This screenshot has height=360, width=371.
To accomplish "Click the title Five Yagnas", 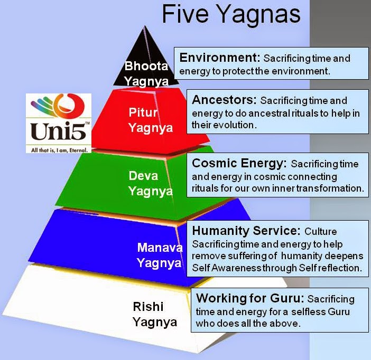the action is [231, 15].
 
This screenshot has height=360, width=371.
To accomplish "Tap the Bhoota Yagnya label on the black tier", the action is [146, 74].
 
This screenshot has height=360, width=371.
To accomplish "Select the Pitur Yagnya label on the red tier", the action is [151, 120].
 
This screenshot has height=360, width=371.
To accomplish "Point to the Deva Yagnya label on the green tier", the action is [151, 184].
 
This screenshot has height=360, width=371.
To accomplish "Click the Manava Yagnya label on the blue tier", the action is [160, 255].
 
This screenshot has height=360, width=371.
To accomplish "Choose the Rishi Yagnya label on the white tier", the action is [155, 315].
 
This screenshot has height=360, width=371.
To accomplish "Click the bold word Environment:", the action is [220, 58].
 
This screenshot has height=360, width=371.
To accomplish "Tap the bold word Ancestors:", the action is [224, 100].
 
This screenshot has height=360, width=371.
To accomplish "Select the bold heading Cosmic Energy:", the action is [239, 164].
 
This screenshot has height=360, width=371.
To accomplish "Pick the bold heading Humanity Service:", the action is [246, 231].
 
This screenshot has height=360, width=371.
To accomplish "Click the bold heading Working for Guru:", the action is [250, 298].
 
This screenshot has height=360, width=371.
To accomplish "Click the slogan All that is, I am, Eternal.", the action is [59, 150].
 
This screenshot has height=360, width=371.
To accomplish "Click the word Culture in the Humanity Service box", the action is [321, 231].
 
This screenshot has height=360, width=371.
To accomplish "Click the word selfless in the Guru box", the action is [308, 312].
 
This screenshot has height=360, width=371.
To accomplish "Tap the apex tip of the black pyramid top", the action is [144, 26].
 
